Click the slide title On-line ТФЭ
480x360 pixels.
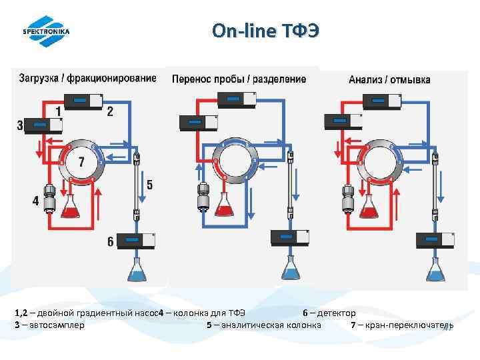265,31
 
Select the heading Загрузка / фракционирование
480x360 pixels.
87,78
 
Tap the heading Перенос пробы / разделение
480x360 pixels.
239,79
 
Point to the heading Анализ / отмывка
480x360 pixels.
389,79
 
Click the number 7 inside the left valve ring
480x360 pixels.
81,162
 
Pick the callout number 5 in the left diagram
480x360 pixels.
149,185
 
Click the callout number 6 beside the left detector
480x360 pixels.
111,241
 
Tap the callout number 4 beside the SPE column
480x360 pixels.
35,200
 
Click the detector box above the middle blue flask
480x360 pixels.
289,237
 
